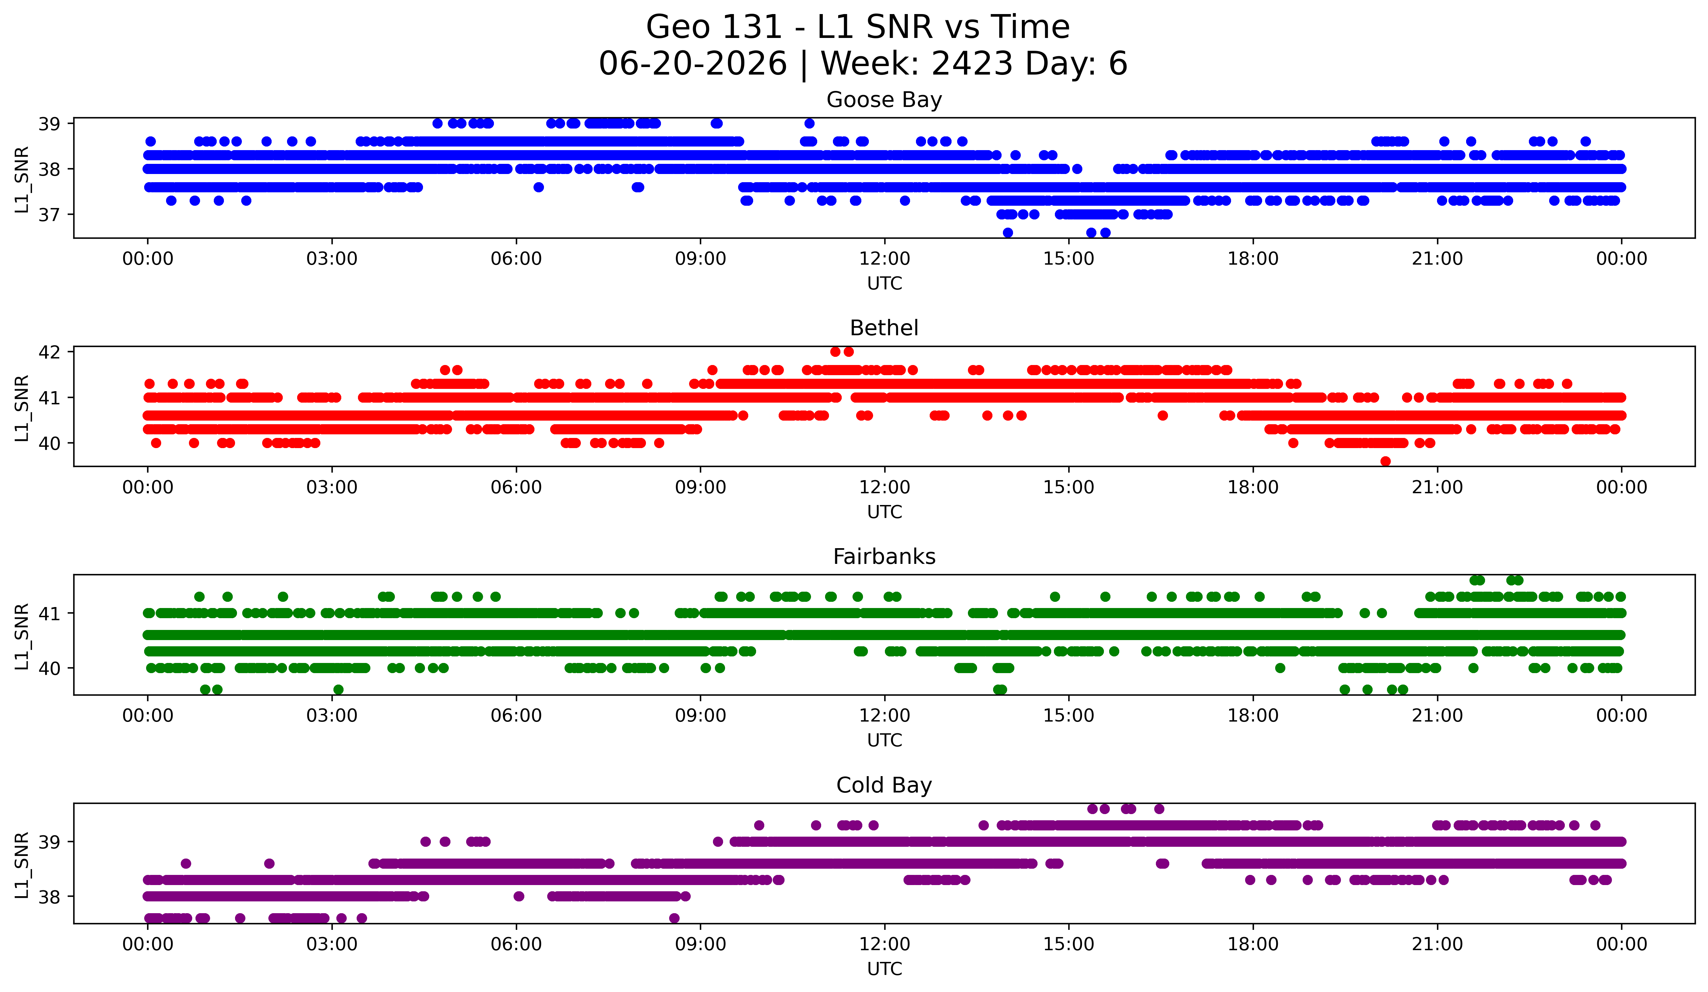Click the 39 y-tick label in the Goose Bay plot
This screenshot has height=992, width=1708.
49,123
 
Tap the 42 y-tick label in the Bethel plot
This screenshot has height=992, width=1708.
49,352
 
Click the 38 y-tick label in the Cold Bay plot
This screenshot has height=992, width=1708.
49,896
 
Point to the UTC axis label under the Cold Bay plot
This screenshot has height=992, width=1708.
885,969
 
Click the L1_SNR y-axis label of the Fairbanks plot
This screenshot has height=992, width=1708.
22,637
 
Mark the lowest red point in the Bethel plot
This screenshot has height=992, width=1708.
1385,461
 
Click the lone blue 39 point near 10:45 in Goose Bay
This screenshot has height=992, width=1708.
809,123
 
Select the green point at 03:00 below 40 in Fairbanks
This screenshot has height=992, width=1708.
338,689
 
